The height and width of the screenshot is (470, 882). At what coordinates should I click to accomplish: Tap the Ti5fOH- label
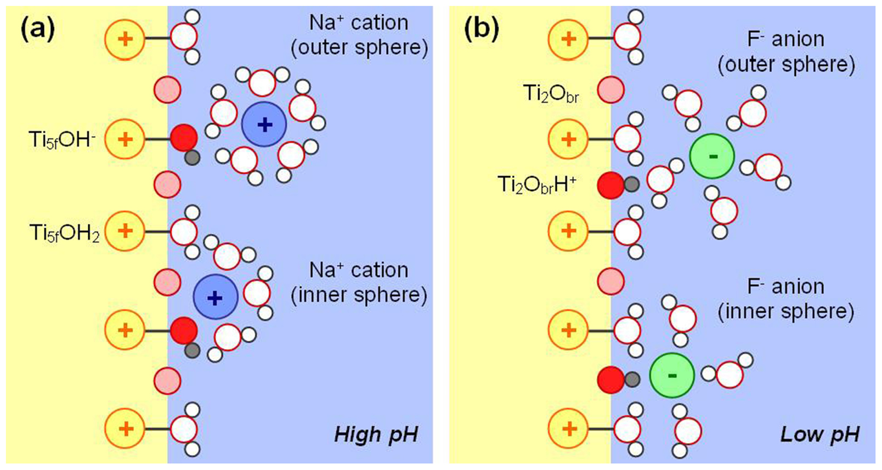[x=62, y=140]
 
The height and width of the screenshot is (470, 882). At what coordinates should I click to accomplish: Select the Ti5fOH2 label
[x=64, y=233]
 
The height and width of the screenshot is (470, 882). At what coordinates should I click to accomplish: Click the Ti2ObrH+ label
[x=536, y=185]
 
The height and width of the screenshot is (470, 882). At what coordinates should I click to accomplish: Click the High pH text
[x=376, y=435]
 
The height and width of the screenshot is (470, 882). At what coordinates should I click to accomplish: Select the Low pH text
[x=819, y=435]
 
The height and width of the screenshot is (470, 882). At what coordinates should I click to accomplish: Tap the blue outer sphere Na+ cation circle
[x=264, y=124]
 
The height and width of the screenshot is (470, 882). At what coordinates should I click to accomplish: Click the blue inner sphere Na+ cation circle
[x=215, y=297]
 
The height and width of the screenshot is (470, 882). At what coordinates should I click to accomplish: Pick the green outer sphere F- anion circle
[x=712, y=157]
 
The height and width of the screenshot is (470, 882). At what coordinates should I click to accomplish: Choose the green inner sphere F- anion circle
[x=672, y=376]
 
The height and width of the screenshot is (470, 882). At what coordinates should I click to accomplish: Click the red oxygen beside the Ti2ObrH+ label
[x=610, y=185]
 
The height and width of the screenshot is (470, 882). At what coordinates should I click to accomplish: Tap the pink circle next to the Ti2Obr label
[x=610, y=89]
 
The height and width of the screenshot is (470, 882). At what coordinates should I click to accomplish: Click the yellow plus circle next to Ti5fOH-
[x=125, y=139]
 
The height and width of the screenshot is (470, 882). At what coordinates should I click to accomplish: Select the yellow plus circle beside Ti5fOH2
[x=125, y=231]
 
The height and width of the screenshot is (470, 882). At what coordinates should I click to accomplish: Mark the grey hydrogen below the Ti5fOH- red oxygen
[x=192, y=158]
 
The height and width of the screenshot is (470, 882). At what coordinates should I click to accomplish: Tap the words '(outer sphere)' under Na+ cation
[x=359, y=48]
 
